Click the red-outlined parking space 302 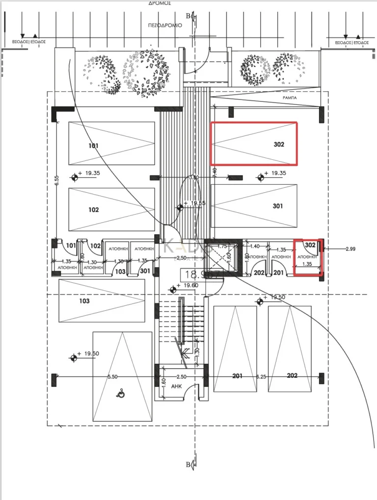(254, 143)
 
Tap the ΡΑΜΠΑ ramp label (289, 98)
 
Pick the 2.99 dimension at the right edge (350, 249)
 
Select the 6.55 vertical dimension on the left (57, 180)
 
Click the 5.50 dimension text (113, 376)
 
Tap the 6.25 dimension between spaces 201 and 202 (262, 376)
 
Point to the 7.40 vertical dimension (214, 173)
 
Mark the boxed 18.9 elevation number (192, 275)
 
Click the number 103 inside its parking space (84, 301)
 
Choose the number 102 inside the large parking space (93, 210)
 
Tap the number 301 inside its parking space (278, 206)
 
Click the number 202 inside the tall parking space (292, 376)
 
